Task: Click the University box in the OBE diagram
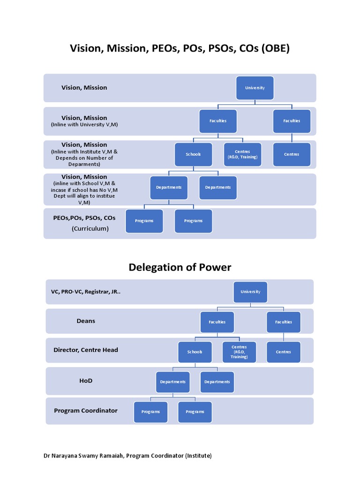[255, 88]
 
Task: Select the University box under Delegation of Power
[250, 292]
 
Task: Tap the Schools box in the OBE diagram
[194, 154]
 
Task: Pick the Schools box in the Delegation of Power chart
[195, 352]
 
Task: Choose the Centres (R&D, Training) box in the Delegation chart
[239, 352]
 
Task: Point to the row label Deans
[86, 321]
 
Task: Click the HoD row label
[86, 381]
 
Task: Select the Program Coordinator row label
[86, 411]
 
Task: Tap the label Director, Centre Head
[86, 350]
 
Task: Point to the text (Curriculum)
[90, 229]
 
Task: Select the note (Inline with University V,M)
[84, 125]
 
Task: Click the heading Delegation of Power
[180, 267]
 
